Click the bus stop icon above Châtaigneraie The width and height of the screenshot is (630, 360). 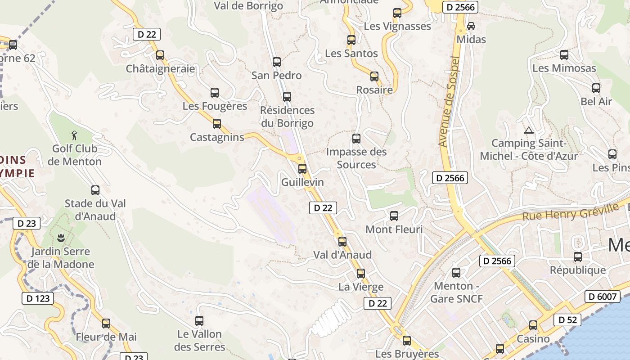pyautogui.click(x=160, y=55)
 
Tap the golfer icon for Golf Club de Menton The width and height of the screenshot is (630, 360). pyautogui.click(x=75, y=135)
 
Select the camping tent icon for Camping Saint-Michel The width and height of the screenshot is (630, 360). pyautogui.click(x=528, y=130)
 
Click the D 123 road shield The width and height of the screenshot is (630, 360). pyautogui.click(x=38, y=298)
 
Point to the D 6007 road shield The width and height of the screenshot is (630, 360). pyautogui.click(x=603, y=296)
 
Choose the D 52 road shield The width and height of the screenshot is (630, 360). pyautogui.click(x=567, y=319)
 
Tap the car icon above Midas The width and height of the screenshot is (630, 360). pyautogui.click(x=471, y=26)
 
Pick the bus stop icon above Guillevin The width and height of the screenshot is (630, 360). pyautogui.click(x=302, y=169)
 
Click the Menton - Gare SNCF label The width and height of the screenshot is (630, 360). pyautogui.click(x=456, y=292)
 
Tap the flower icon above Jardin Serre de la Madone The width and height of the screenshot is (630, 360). pyautogui.click(x=61, y=237)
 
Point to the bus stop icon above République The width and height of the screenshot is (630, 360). pyautogui.click(x=578, y=257)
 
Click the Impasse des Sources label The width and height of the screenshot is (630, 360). pyautogui.click(x=356, y=158)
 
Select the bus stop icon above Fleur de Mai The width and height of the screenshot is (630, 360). pyautogui.click(x=106, y=323)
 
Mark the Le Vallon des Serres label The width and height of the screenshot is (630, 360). pyautogui.click(x=199, y=340)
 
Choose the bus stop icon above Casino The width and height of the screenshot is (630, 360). pyautogui.click(x=533, y=325)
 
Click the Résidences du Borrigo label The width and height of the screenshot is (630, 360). pyautogui.click(x=287, y=117)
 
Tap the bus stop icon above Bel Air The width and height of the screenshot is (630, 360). pyautogui.click(x=596, y=88)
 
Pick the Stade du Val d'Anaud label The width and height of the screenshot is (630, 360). pyautogui.click(x=95, y=210)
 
